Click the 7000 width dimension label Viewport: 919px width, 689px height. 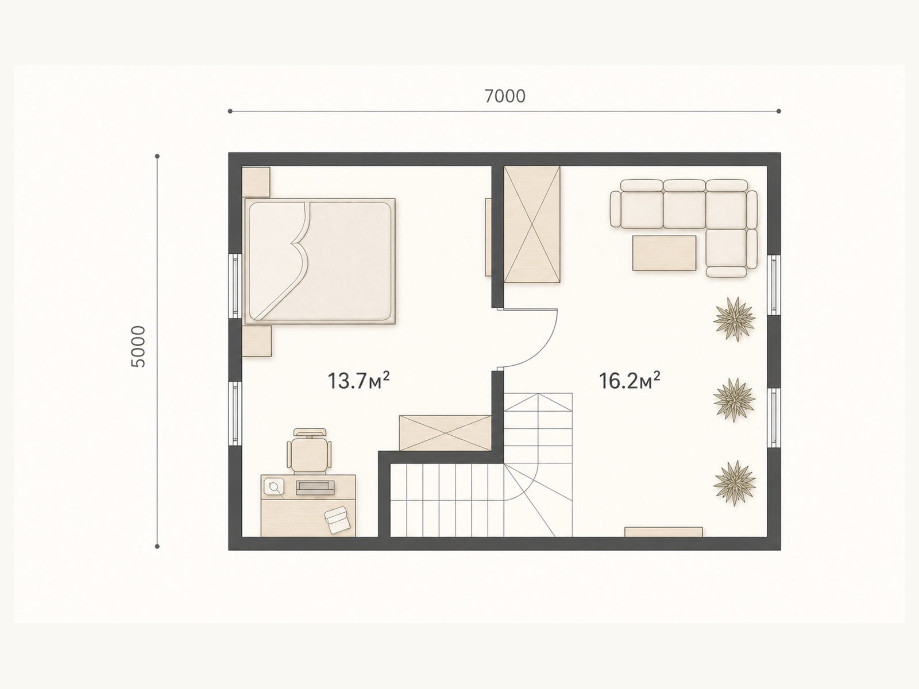[x=505, y=96]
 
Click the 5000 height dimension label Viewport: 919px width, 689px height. [x=138, y=346]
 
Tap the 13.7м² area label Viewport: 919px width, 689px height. [x=358, y=380]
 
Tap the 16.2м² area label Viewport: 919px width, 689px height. [x=630, y=380]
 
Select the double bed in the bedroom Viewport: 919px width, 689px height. [x=320, y=261]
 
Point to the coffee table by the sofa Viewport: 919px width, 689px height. [x=664, y=253]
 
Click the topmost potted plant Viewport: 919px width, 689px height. [x=735, y=319]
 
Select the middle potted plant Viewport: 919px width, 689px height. [x=735, y=400]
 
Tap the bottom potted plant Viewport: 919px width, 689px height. [x=735, y=483]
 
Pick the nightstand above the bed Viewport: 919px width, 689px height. [x=256, y=182]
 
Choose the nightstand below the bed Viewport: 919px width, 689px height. [x=257, y=341]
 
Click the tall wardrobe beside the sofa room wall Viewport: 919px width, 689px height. [x=532, y=224]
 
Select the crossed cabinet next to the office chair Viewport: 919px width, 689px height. [x=445, y=433]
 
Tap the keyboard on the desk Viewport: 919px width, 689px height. [x=315, y=487]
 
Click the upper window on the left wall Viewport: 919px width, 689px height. [x=235, y=287]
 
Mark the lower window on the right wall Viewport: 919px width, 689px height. [x=774, y=417]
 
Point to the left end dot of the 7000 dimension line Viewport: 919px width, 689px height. [x=230, y=111]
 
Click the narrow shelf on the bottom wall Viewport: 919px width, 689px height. [x=663, y=532]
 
